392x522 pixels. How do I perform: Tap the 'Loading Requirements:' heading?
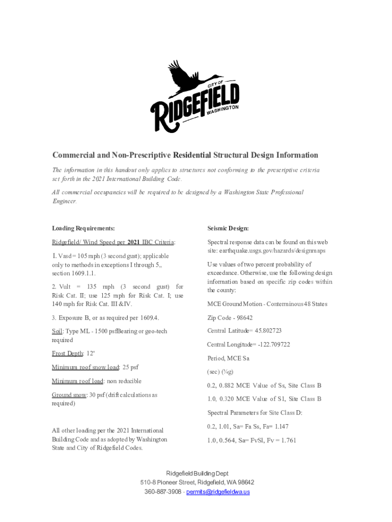[x=83, y=228]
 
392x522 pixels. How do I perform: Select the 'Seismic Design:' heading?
[x=228, y=228]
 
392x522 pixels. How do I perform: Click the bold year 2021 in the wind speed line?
[x=134, y=242]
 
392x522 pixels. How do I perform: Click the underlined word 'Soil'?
[x=57, y=331]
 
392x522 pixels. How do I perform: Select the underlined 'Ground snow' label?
[x=69, y=395]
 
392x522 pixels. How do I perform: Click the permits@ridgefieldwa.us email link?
[x=218, y=492]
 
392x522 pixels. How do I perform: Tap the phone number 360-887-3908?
[x=162, y=492]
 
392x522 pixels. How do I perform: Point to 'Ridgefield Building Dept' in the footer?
[x=196, y=474]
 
